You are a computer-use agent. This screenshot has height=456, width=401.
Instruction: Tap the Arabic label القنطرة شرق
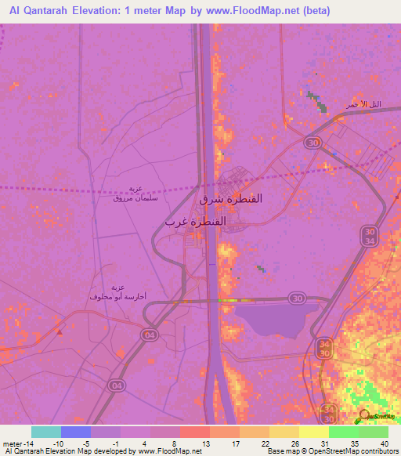(233, 199)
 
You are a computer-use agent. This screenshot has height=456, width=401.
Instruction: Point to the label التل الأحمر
(364, 104)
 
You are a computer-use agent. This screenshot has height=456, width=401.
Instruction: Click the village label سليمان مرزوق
(135, 199)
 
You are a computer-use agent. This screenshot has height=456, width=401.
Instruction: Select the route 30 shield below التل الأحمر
(312, 142)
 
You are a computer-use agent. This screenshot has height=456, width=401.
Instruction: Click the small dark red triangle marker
(60, 331)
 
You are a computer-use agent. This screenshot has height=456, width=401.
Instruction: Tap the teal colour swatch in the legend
(46, 432)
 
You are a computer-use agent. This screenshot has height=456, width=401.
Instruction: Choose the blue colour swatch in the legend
(76, 432)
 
